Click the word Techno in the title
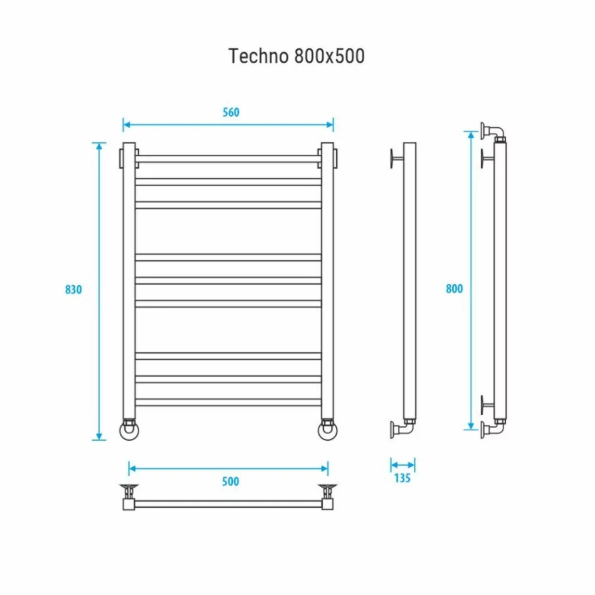(258, 56)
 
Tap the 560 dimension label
(231, 112)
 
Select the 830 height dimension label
(74, 290)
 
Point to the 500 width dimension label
(231, 482)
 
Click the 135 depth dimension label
(402, 478)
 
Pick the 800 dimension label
(454, 288)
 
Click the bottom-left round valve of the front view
(129, 431)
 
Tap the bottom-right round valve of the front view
(328, 431)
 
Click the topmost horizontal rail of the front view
(229, 159)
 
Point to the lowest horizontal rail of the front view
(229, 402)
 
